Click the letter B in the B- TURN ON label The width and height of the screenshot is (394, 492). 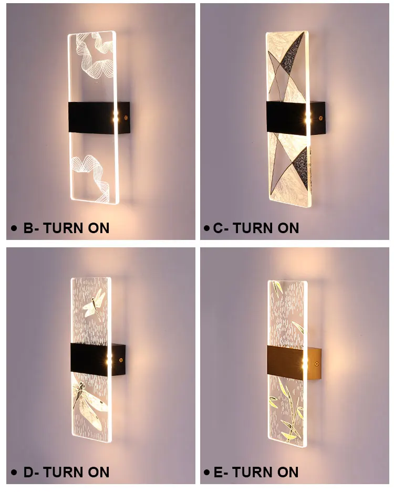click(28, 228)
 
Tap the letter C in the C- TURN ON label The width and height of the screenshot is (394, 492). click(218, 228)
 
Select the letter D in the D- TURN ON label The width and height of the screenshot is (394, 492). click(28, 472)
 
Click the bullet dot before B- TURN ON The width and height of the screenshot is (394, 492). click(14, 228)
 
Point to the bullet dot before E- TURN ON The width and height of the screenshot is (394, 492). click(206, 472)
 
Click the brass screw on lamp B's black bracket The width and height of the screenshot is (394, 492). click(126, 118)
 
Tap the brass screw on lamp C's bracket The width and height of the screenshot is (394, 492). click(320, 118)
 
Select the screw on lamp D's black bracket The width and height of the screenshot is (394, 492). click(120, 360)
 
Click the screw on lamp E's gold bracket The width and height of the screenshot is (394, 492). click(316, 364)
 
